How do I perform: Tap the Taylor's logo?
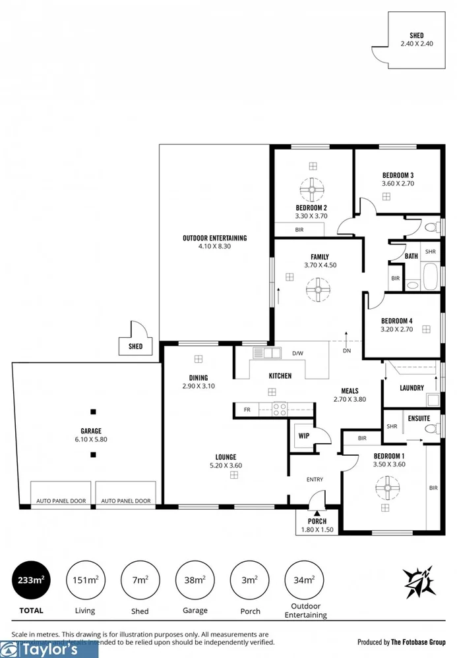click(49, 649)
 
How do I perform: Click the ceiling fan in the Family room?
click(317, 289)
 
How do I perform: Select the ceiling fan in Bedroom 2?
click(311, 190)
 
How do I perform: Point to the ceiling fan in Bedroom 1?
click(388, 491)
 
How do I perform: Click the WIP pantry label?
click(304, 435)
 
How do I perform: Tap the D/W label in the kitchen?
click(297, 353)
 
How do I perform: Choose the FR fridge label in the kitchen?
click(247, 410)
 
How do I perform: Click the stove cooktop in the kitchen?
click(280, 410)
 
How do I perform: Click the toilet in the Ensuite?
click(431, 428)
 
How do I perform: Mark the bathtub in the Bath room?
click(430, 277)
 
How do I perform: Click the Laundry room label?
click(411, 388)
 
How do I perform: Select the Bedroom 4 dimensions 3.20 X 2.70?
click(396, 329)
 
